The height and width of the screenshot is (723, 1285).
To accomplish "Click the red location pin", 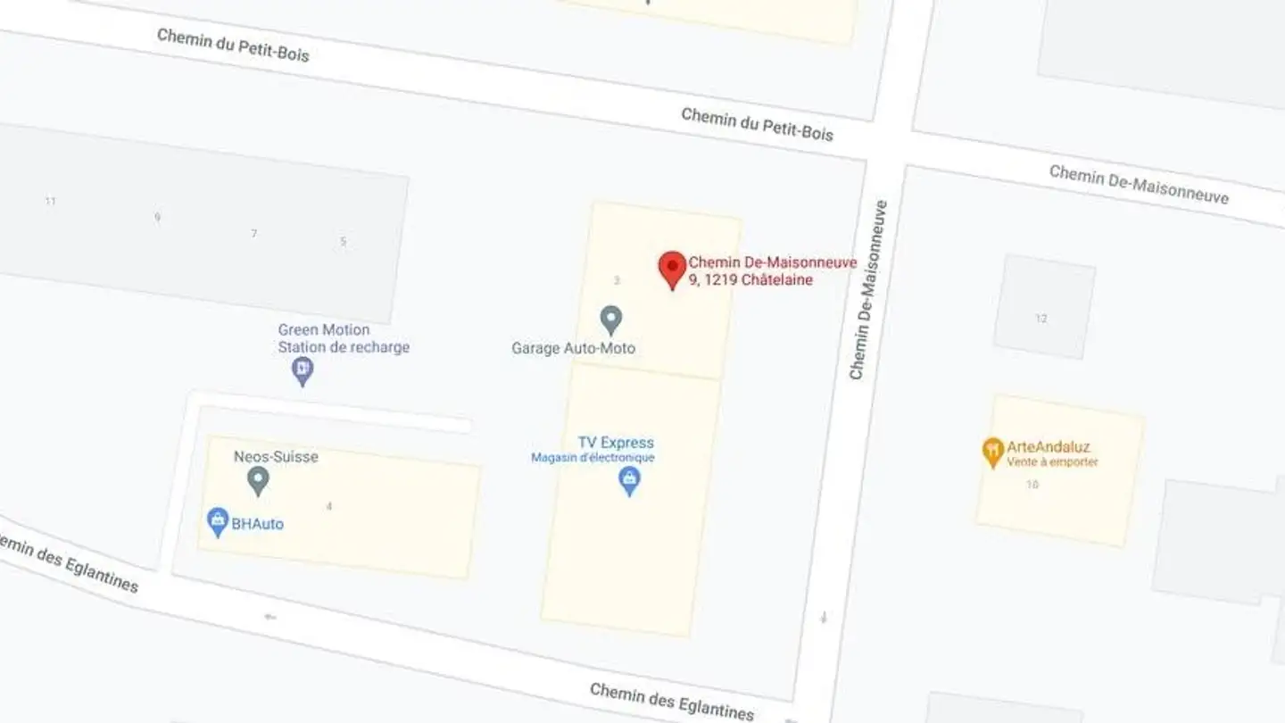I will [672, 268].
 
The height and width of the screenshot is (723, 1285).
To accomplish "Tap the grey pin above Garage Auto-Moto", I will [610, 319].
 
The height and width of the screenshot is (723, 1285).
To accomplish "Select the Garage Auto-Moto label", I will [573, 348].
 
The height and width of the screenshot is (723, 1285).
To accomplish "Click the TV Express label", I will [616, 443].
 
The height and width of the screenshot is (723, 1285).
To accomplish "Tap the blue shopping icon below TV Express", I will [630, 480].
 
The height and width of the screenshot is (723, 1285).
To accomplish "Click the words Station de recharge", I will [344, 347].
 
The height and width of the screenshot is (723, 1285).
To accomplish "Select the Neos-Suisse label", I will [276, 457].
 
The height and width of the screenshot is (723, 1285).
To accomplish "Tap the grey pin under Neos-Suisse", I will [258, 481].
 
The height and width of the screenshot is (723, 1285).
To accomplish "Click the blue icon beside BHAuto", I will [217, 521].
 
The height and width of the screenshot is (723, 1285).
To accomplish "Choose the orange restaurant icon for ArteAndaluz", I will [992, 452].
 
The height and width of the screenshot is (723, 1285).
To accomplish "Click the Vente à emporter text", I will [1052, 462].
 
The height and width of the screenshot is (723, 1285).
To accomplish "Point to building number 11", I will [51, 202].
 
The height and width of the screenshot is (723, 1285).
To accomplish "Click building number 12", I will [1041, 319].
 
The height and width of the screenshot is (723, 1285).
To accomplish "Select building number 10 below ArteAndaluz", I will [1032, 485].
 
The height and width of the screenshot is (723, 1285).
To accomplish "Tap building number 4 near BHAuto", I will [329, 507].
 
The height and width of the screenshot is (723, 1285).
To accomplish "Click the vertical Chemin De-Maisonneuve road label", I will [868, 290].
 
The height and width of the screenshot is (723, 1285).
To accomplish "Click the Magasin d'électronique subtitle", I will [593, 458].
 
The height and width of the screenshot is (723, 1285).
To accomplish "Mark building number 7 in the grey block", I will [254, 234].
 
